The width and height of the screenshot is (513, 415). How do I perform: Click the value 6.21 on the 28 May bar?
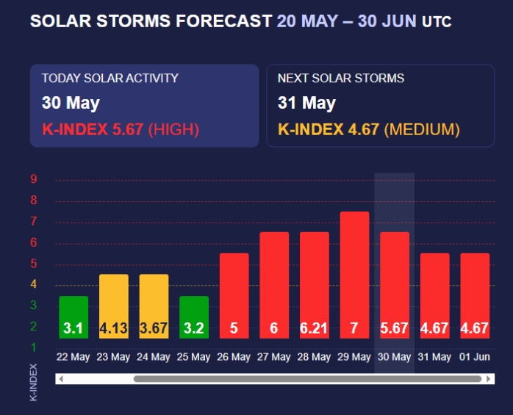click(x=314, y=328)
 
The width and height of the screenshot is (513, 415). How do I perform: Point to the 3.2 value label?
click(x=193, y=328)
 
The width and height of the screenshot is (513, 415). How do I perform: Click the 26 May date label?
click(x=234, y=357)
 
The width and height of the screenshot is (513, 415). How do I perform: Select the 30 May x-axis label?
click(x=394, y=357)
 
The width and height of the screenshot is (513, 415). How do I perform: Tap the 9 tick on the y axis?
click(x=34, y=179)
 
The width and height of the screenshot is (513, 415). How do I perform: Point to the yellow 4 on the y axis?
click(x=34, y=284)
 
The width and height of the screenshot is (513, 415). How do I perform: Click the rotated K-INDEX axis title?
click(x=33, y=381)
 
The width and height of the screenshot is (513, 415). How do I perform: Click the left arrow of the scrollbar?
click(x=61, y=379)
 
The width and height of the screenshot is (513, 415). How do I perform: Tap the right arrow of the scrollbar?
click(x=488, y=379)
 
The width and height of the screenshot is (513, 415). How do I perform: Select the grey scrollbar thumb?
click(x=307, y=379)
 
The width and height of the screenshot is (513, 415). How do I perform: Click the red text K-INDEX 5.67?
click(x=93, y=130)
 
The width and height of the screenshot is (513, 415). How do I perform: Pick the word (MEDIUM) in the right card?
click(x=422, y=130)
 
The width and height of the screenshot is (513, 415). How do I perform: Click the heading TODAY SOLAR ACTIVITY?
click(x=110, y=78)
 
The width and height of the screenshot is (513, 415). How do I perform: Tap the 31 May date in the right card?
click(x=306, y=103)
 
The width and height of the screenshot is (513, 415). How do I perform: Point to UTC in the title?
click(x=437, y=22)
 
